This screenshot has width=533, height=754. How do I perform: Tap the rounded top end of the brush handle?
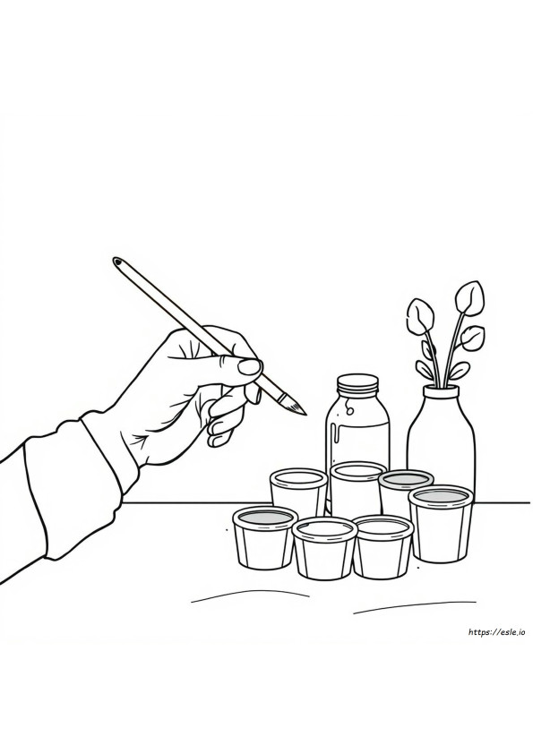(x=116, y=261)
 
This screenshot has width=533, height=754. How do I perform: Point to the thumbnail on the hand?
(x=250, y=367)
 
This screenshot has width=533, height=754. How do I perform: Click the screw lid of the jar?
(x=357, y=383)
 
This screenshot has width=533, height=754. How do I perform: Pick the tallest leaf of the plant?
(x=470, y=297)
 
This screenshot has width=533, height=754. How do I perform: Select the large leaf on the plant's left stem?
(x=420, y=317)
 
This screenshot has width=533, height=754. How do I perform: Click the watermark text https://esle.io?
(x=496, y=632)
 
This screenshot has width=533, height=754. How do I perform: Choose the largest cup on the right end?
(x=441, y=523)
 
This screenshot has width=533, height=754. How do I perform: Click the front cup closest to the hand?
(x=264, y=537)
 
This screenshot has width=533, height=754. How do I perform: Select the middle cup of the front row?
(x=324, y=547)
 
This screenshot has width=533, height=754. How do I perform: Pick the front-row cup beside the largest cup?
(x=383, y=545)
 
